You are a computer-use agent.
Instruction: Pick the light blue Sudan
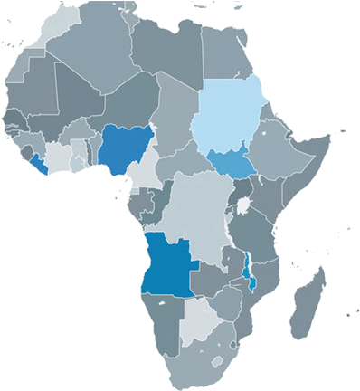[227, 118]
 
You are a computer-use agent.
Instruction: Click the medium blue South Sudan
[232, 164]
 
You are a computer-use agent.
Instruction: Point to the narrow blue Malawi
[249, 268]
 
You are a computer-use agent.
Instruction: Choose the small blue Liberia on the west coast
[37, 162]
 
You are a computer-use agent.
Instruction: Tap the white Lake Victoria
[243, 207]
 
